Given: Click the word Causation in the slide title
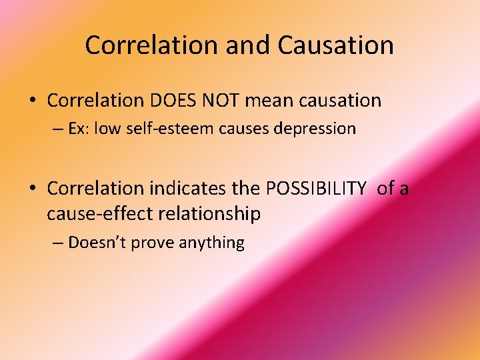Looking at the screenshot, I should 335,45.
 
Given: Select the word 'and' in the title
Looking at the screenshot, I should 248,45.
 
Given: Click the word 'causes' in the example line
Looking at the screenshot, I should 237,129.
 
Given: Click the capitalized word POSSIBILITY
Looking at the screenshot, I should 316,189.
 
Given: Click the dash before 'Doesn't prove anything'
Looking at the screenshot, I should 58,243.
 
